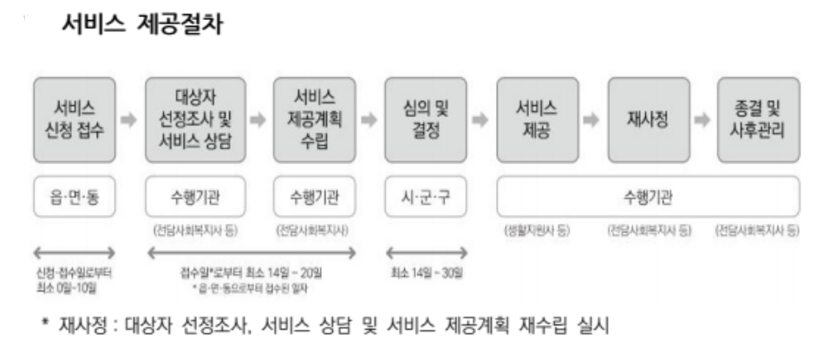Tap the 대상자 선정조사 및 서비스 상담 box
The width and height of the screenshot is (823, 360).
point(195,120)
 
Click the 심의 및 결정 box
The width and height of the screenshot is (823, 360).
point(426,120)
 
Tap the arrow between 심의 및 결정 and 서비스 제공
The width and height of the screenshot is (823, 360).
point(481,120)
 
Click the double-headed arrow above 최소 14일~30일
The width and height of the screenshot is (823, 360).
point(426,252)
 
